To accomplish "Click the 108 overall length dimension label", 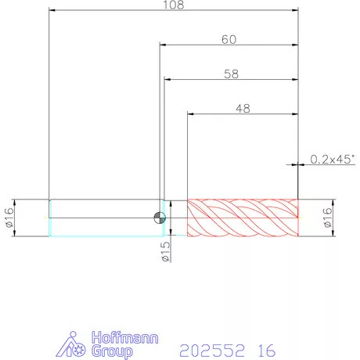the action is [174, 5].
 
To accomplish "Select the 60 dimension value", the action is [229, 39].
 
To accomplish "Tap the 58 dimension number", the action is [231, 74].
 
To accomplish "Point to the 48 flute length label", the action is [243, 109].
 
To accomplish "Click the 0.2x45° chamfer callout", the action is [333, 159].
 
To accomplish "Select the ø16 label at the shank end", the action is [9, 218].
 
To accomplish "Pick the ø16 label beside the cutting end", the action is [328, 218].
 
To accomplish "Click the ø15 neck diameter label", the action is [165, 252].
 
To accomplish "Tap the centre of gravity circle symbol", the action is [160, 218].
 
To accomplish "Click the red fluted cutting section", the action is [243, 218].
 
